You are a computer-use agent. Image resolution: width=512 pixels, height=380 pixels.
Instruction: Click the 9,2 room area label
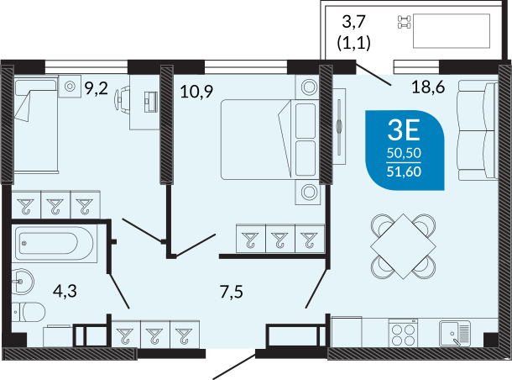(x=96, y=88)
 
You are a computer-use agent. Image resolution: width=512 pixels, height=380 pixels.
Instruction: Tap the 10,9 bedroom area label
(x=196, y=92)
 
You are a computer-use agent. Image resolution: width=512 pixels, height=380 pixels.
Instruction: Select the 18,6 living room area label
(x=428, y=87)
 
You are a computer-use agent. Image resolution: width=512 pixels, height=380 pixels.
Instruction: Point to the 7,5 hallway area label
(x=232, y=292)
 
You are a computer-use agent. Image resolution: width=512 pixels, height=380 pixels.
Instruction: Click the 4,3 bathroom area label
(x=65, y=291)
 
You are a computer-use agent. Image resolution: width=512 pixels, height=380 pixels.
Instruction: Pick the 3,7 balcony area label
(x=353, y=22)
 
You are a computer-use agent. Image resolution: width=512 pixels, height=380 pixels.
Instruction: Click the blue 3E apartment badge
(x=405, y=150)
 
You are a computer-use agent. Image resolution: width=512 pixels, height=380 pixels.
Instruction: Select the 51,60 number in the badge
(x=404, y=172)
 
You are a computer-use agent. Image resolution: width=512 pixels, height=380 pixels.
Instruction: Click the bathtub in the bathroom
(x=55, y=243)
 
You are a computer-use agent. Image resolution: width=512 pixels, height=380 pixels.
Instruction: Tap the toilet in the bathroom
(x=29, y=312)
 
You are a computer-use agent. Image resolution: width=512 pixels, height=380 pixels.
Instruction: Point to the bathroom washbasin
(x=22, y=282)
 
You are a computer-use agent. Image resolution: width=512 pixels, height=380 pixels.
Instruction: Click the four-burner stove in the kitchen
(x=404, y=333)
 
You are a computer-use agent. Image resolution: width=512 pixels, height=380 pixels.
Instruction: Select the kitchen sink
(x=455, y=333)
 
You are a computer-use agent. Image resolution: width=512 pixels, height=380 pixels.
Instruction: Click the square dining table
(x=403, y=246)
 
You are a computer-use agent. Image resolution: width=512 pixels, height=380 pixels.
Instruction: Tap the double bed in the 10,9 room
(x=256, y=140)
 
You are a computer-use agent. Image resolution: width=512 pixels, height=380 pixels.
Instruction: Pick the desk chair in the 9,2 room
(x=122, y=97)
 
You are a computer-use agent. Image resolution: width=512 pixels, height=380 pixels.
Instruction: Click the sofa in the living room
(x=478, y=131)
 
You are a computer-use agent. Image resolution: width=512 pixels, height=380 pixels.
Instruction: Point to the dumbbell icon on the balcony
(x=405, y=22)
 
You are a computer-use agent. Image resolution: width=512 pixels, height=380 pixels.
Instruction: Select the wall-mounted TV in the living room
(x=340, y=126)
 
